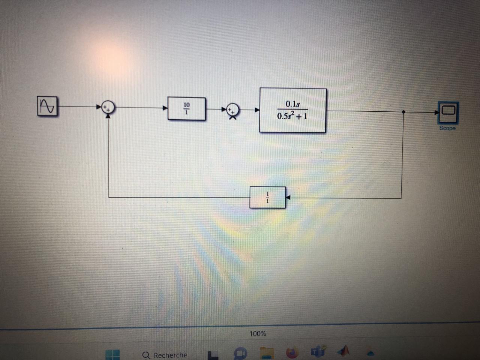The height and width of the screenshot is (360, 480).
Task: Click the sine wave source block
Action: click(x=48, y=106)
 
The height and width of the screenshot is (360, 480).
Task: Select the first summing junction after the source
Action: click(x=108, y=108)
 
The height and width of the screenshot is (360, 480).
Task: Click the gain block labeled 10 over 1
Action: click(x=186, y=109)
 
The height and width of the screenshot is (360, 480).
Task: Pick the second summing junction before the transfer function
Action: click(x=233, y=110)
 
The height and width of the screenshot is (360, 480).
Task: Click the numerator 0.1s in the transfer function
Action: click(x=292, y=104)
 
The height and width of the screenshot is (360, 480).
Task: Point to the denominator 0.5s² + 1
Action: click(x=292, y=116)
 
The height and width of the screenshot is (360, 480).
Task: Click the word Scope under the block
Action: click(x=447, y=128)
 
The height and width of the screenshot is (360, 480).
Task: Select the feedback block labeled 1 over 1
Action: click(x=267, y=197)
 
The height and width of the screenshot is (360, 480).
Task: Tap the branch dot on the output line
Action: click(x=403, y=112)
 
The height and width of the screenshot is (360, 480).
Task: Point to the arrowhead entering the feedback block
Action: click(x=288, y=198)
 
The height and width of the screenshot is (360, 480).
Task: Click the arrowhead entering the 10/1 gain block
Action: click(x=165, y=108)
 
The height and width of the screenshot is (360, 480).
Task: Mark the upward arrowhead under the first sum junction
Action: click(x=108, y=115)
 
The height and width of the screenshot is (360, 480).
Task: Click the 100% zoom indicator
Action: click(x=258, y=333)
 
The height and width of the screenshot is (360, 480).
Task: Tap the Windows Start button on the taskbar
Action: click(x=112, y=355)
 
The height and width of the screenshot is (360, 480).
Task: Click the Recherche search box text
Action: click(x=170, y=355)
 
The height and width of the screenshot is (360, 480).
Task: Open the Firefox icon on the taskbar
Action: click(x=291, y=352)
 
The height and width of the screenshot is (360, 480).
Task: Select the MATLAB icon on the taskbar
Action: click(x=343, y=351)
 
